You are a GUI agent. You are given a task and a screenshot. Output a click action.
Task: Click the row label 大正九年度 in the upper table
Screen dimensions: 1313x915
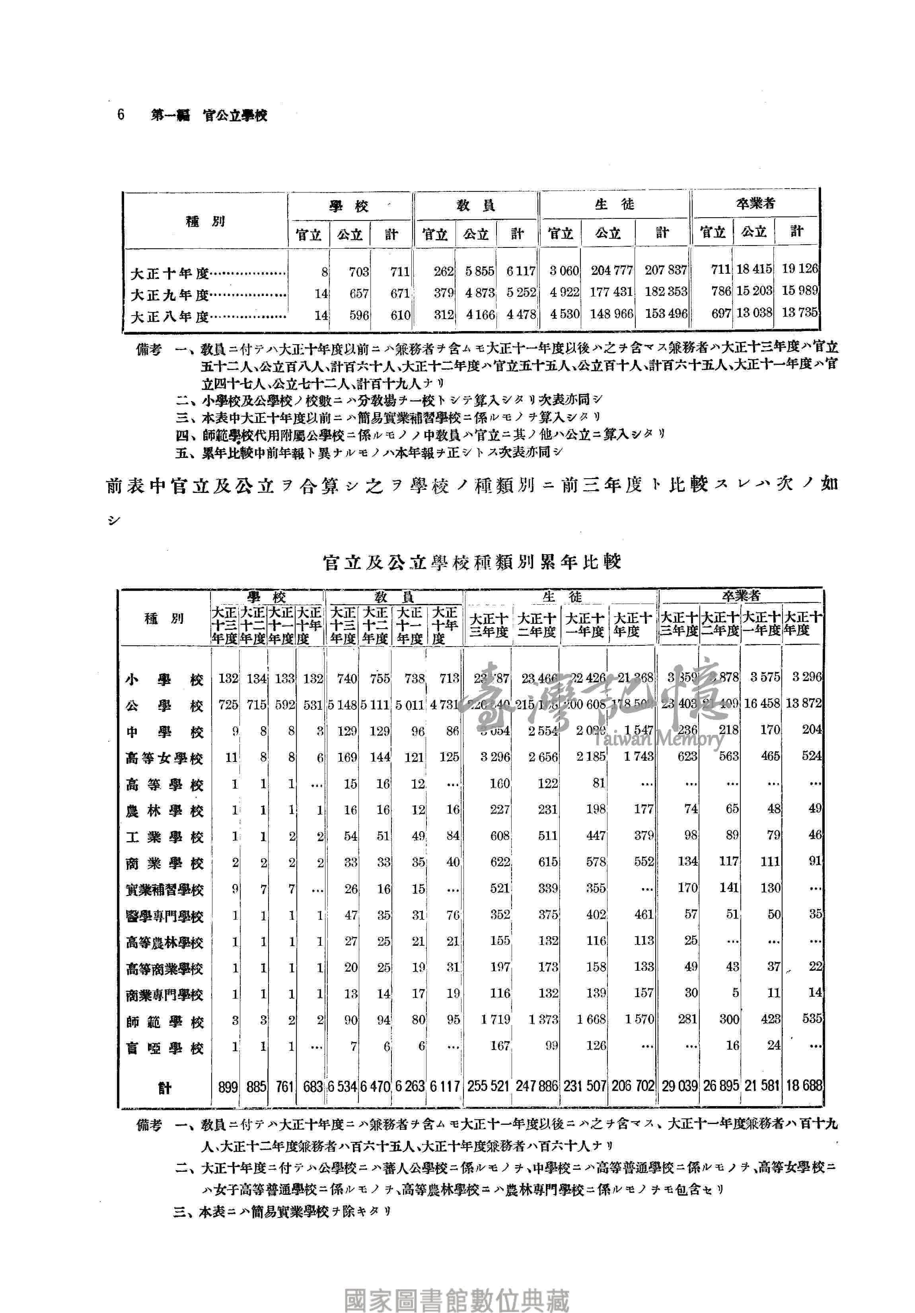[x=170, y=295]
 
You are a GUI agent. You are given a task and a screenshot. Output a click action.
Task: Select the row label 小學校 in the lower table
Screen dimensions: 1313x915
[x=164, y=680]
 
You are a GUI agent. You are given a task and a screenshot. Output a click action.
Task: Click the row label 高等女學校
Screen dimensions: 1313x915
[x=164, y=759]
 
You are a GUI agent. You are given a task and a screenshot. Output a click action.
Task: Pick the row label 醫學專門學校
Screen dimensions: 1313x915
[x=164, y=917]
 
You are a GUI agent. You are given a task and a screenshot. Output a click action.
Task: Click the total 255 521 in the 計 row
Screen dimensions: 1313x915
[x=488, y=1086]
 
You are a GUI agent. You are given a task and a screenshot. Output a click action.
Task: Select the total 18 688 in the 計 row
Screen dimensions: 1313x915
[x=804, y=1085]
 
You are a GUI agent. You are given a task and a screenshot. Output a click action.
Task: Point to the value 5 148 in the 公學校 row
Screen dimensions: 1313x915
[x=343, y=705]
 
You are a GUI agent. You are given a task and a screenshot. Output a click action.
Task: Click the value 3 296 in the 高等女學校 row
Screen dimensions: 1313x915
[x=494, y=757]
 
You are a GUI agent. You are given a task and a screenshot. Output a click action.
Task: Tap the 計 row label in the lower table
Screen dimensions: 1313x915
[x=165, y=1088]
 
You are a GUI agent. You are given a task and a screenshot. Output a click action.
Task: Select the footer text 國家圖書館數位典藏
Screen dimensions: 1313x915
[x=456, y=1295]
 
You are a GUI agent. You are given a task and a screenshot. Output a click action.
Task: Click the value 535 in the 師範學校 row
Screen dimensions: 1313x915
[x=812, y=1019]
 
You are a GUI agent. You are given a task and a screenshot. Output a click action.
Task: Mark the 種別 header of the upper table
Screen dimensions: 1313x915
[x=205, y=221]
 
